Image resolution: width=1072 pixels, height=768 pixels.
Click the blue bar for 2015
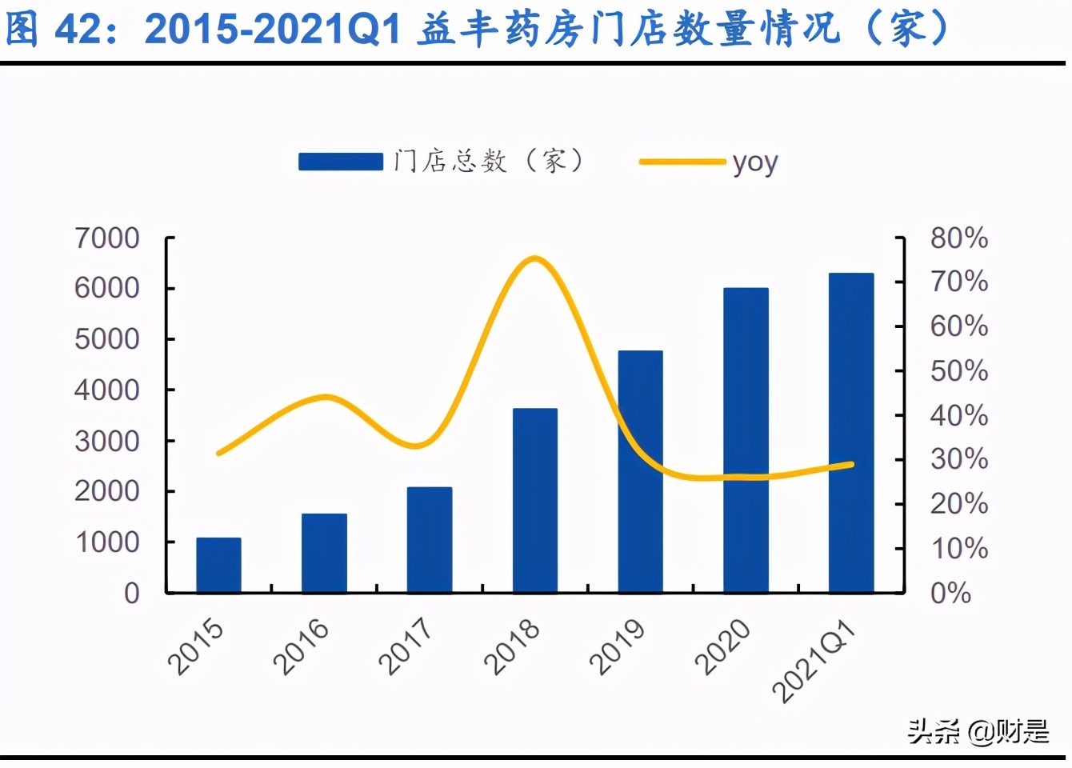(218, 565)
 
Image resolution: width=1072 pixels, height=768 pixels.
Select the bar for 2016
(324, 553)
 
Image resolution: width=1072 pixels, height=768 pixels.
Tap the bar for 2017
(430, 540)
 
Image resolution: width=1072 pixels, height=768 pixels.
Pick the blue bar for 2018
(535, 500)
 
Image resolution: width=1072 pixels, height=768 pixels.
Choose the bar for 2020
(746, 440)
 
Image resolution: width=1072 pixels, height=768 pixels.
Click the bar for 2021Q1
(851, 433)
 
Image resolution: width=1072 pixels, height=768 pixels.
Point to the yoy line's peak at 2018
(535, 258)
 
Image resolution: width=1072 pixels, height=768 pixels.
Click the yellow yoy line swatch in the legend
(682, 162)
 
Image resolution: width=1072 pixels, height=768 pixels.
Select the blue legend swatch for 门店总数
(341, 162)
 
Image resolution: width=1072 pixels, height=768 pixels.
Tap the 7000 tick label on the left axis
(106, 238)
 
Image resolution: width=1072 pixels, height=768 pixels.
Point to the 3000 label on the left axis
(106, 441)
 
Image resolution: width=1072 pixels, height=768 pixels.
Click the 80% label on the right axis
(958, 238)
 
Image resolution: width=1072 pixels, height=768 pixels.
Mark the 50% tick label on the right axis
(958, 371)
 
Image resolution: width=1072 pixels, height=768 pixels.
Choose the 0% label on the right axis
(950, 593)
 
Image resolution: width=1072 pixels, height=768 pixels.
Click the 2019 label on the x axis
(617, 646)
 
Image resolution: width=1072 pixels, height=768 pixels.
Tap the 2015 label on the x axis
(196, 646)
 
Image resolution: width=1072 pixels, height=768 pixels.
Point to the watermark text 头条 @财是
(978, 731)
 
